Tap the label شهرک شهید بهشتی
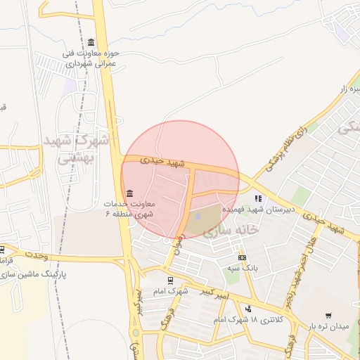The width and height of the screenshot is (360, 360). click(x=77, y=149)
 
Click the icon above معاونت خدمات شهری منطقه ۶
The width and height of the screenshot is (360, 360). click(x=129, y=193)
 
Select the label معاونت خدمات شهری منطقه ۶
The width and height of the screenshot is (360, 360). click(x=129, y=208)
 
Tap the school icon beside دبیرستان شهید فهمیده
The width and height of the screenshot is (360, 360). click(x=259, y=198)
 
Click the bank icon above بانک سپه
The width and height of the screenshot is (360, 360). click(x=242, y=257)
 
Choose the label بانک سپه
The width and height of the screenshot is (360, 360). click(x=239, y=269)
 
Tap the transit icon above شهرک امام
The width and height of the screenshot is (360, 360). click(x=172, y=280)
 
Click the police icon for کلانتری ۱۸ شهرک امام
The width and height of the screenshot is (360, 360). click(x=248, y=308)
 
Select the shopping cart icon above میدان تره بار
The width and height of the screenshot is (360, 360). click(x=328, y=316)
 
